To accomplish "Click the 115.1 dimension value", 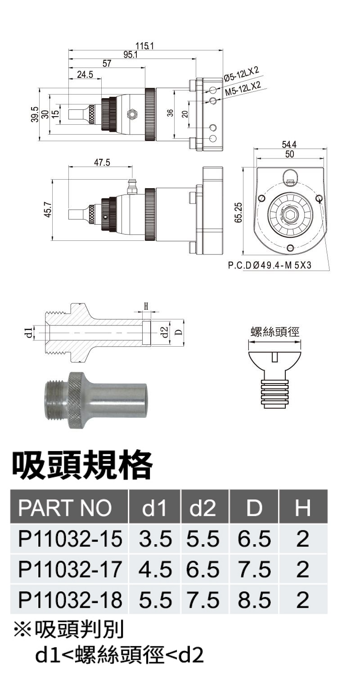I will click(x=144, y=45).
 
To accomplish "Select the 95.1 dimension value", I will click(x=131, y=54).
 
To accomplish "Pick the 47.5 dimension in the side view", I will click(x=102, y=163).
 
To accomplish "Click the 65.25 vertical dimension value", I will click(x=238, y=212).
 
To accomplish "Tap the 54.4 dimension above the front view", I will click(x=289, y=145).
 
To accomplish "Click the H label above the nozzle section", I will click(x=146, y=306).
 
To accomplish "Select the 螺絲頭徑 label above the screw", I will click(x=274, y=332).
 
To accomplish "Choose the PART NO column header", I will click(x=65, y=508).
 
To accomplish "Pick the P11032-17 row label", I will click(x=70, y=570).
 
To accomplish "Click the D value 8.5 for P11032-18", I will click(x=254, y=600).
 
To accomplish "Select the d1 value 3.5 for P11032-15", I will click(x=155, y=539).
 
